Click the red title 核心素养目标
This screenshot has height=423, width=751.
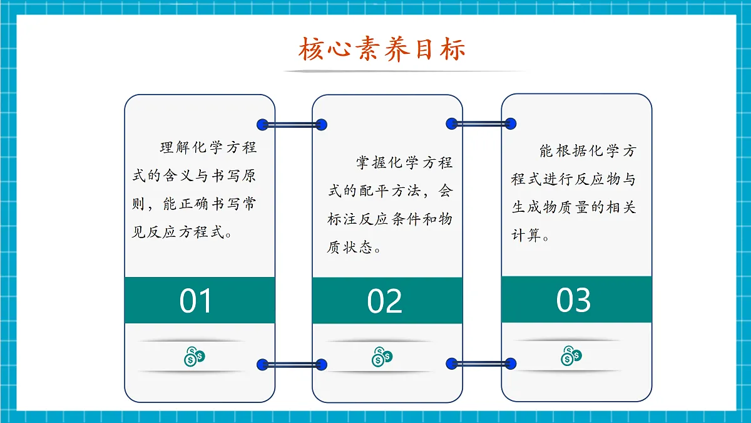pos(382,50)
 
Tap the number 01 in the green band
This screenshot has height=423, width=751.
pos(197,301)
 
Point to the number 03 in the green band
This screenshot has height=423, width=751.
pos(573,300)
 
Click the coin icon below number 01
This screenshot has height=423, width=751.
pos(195,356)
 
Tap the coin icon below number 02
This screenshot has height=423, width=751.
pos(382,356)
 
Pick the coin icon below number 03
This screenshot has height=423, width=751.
pos(571,355)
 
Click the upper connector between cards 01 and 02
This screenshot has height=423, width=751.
pos(292,125)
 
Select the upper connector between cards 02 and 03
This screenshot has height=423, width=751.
pos(481,124)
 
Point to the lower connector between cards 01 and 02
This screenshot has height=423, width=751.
pos(292,364)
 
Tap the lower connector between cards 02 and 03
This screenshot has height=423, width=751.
pos(481,363)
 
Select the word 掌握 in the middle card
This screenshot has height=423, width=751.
pos(371,163)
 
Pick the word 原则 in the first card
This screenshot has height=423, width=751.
pos(248,177)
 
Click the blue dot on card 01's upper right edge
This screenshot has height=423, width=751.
pos(263,124)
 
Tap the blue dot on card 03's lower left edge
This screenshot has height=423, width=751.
pos(511,363)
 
